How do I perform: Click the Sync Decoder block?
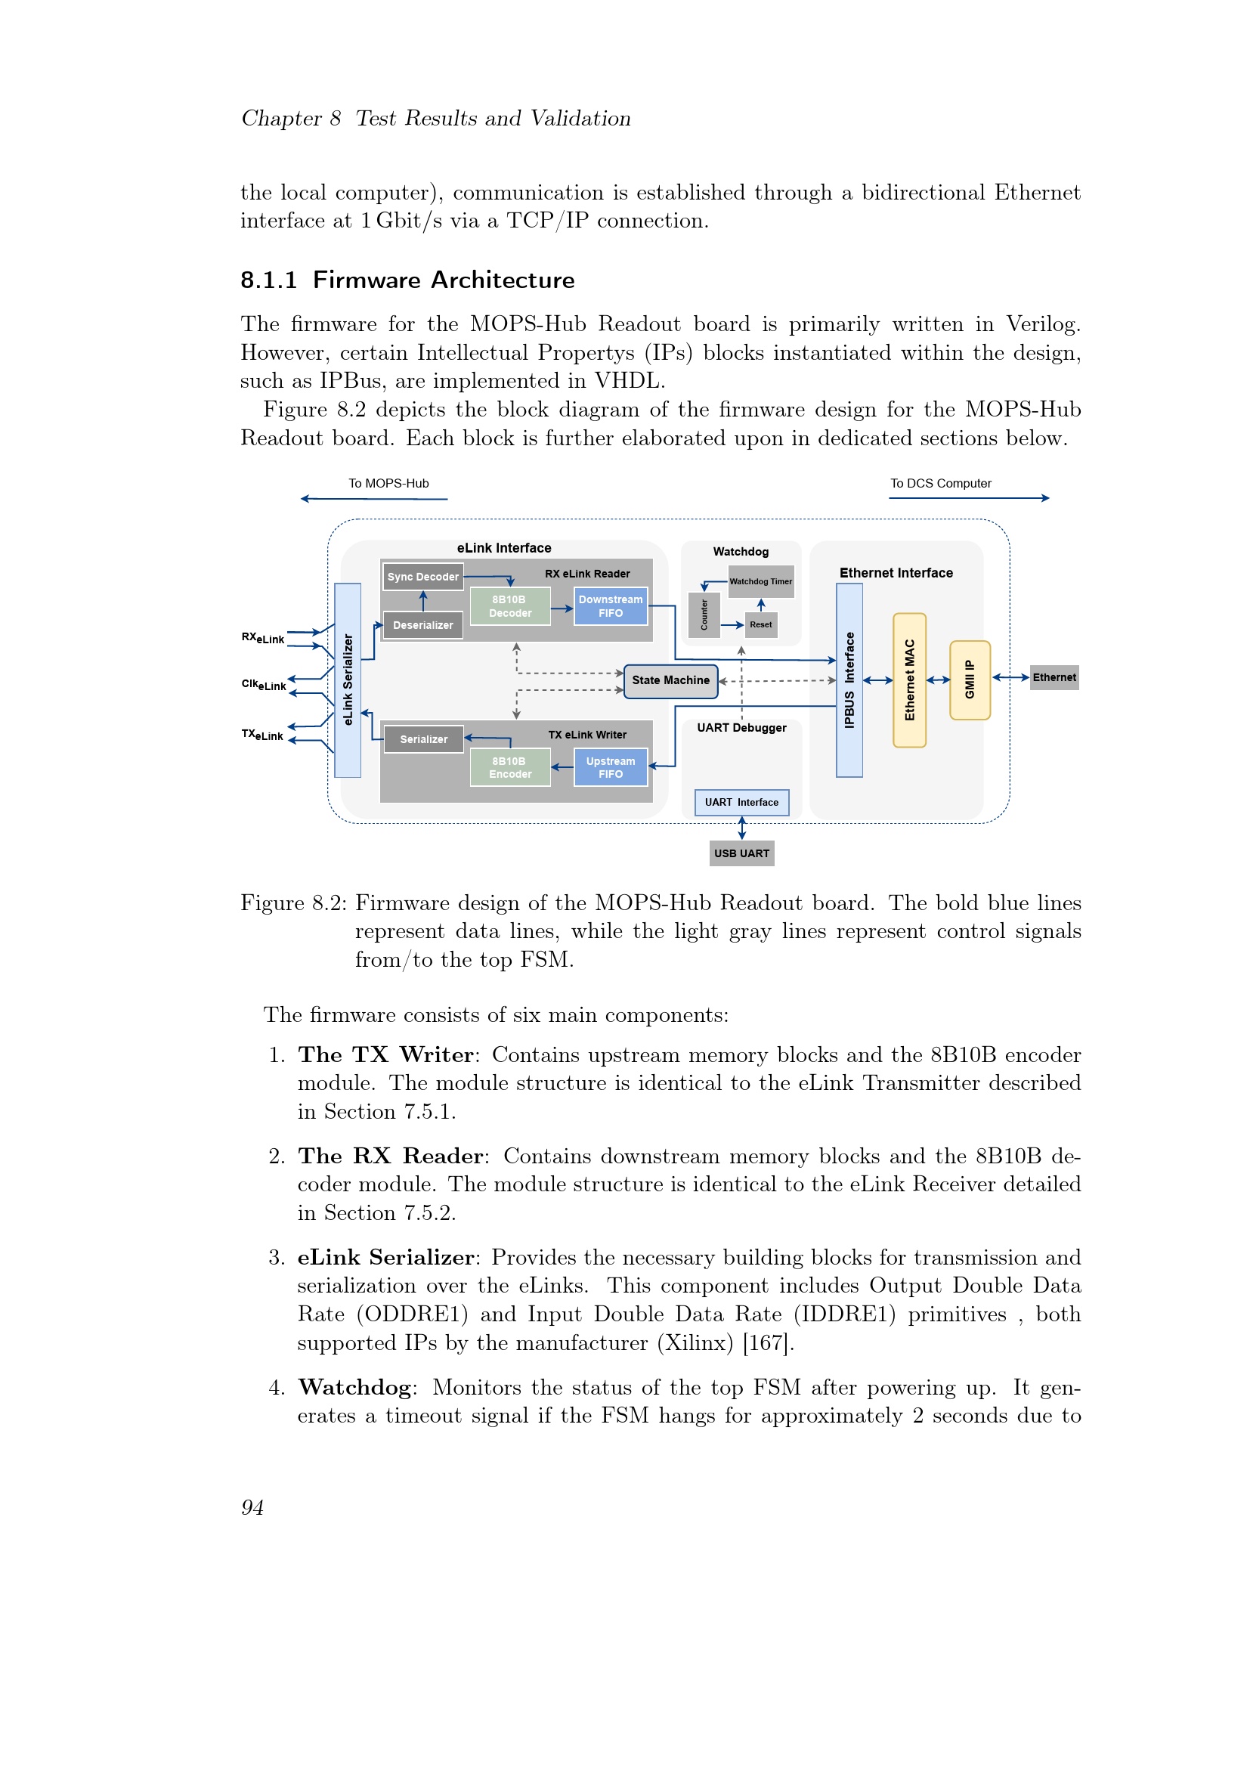coord(422,577)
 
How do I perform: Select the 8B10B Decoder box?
coord(509,606)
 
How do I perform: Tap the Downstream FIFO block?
coord(611,606)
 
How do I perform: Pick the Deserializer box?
coord(422,625)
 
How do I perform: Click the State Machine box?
coord(670,681)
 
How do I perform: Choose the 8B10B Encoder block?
coord(509,768)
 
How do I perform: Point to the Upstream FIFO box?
coord(611,768)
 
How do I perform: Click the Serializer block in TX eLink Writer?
coord(423,739)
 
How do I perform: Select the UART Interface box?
coord(741,803)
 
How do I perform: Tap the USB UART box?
coord(741,853)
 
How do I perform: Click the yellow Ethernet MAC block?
coord(909,680)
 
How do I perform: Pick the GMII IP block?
coord(970,680)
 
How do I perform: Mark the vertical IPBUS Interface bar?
coord(849,680)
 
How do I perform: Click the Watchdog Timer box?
coord(760,582)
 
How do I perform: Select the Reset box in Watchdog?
coord(760,624)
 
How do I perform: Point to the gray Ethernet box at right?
coord(1054,677)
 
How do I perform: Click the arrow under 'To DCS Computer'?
coord(969,498)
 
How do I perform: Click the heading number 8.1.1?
coord(268,280)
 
